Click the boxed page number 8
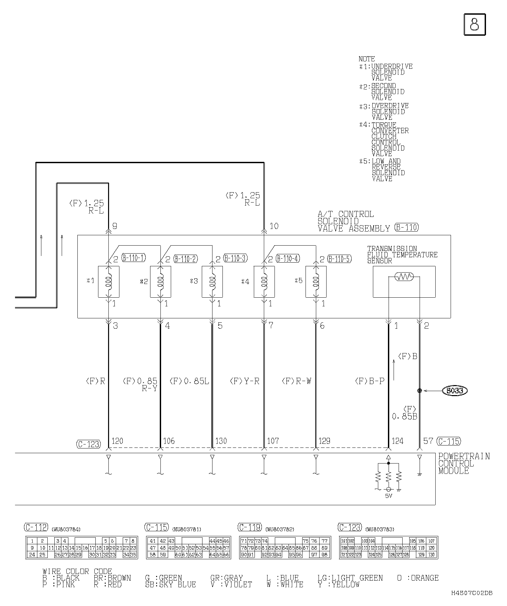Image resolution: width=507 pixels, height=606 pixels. tap(475, 24)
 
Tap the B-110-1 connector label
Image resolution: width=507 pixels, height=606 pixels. tap(133, 258)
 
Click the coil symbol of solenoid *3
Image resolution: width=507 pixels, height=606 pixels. tap(212, 281)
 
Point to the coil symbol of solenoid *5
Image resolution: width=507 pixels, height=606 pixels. tap(316, 281)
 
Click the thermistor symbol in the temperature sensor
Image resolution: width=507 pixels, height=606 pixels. tap(404, 277)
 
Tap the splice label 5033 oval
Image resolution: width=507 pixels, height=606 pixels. tap(455, 390)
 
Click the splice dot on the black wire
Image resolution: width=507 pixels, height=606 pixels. tap(420, 390)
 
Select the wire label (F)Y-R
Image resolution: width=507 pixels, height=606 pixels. tap(244, 381)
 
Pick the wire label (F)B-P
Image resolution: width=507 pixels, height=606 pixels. tap(370, 381)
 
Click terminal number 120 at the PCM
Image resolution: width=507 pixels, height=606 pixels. tap(117, 441)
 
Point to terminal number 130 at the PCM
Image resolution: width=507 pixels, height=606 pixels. tap(221, 441)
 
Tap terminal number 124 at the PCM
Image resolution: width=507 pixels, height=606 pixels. tap(397, 441)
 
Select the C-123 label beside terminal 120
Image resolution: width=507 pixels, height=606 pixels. tap(88, 444)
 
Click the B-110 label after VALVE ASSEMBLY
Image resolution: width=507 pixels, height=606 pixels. tap(406, 228)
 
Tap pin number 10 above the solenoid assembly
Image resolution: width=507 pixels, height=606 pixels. tap(274, 226)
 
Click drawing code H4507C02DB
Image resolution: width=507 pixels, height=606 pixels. tap(472, 593)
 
